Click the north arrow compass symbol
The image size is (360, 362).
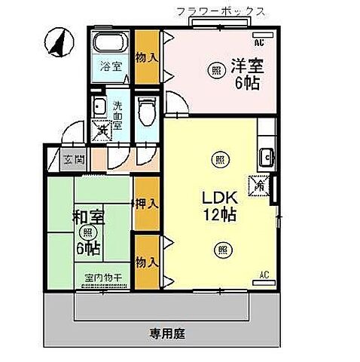coord(55,41)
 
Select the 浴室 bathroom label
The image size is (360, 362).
coord(111,66)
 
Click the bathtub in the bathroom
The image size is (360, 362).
coord(111,41)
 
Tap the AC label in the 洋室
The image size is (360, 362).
coord(269,42)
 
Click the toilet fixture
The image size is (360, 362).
coord(147,111)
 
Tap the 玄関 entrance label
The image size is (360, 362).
coord(72,159)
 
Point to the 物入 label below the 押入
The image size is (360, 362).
coord(146,262)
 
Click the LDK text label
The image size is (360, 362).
coord(220,198)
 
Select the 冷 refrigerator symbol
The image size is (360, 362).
coord(261,183)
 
